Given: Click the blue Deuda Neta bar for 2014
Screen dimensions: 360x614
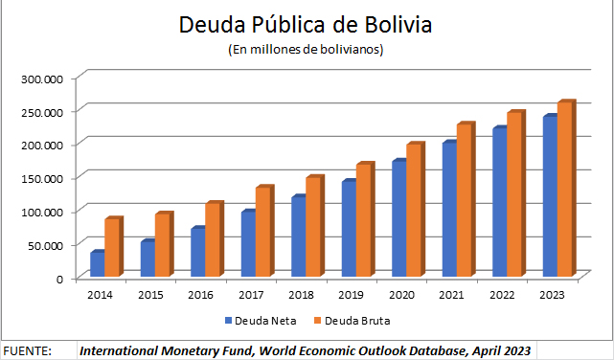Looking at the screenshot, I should pyautogui.click(x=97, y=265).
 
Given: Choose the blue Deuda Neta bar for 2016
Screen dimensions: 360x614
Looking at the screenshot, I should pyautogui.click(x=197, y=253).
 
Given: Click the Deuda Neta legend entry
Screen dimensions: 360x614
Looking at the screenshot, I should pyautogui.click(x=261, y=320).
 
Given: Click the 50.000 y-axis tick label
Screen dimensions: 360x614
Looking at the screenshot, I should pyautogui.click(x=44, y=245).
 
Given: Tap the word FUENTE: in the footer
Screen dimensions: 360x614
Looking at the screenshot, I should pyautogui.click(x=28, y=351).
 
